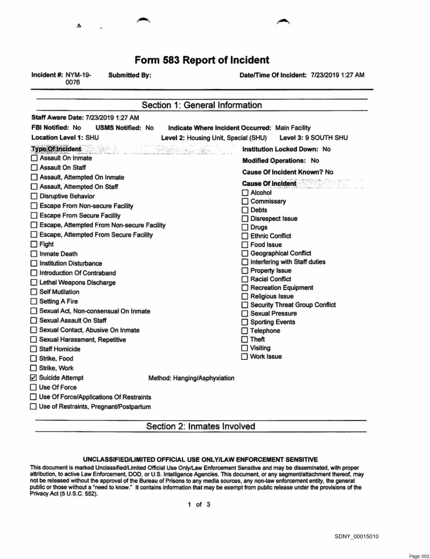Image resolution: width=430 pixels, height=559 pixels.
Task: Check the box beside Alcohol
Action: point(245,193)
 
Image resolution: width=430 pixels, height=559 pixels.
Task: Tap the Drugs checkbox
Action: point(245,227)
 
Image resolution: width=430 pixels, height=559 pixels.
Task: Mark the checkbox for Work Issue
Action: point(245,356)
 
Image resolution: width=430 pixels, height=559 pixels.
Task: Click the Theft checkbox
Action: point(245,339)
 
